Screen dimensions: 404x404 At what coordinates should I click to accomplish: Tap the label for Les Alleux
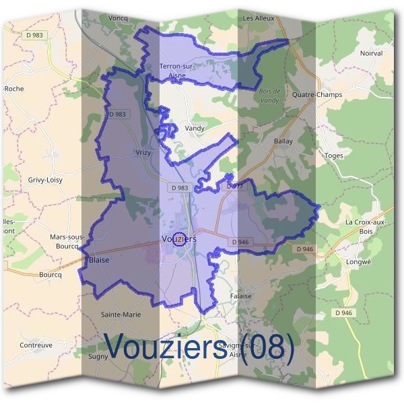point(259,18)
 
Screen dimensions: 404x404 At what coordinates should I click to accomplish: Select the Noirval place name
point(371,53)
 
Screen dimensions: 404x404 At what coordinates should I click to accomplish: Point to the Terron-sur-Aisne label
point(177,70)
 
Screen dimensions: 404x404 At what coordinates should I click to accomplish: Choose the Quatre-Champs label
point(316,95)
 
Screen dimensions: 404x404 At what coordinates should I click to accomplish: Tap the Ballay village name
point(283,141)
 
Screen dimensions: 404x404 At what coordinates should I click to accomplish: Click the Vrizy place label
point(143,153)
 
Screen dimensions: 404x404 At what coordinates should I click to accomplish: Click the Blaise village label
point(99,259)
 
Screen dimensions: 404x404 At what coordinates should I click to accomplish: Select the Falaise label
point(240,296)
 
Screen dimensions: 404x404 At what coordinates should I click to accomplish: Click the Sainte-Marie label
point(121,314)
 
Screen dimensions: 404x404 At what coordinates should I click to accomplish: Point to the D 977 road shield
point(234,185)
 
